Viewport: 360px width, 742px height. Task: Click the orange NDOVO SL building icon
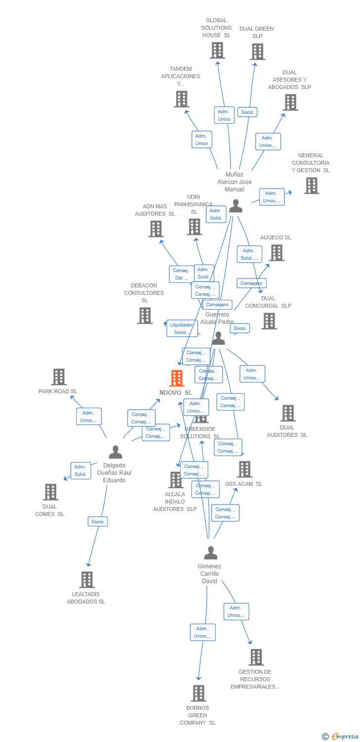coord(177,378)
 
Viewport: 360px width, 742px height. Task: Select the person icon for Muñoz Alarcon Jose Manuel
coord(235,206)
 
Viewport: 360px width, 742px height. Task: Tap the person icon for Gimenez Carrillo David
coord(211,553)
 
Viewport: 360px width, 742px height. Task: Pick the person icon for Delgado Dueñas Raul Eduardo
coord(115,452)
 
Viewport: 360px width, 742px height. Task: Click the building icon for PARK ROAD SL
coord(59,377)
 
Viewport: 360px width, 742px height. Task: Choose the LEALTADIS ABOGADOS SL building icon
coord(87,580)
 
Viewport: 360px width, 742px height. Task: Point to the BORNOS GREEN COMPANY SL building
coord(198,694)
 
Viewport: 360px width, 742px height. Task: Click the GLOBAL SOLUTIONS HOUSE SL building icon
coord(217,50)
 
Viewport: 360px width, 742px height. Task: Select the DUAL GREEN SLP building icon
coord(257,51)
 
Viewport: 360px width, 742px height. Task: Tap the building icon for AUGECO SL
coord(276,253)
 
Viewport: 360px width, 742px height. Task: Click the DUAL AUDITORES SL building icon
coord(288,413)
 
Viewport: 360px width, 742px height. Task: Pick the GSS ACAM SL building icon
coord(244,469)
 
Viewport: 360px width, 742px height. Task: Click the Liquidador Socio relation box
coord(182,328)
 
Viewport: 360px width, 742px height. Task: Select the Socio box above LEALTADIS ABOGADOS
coord(97,521)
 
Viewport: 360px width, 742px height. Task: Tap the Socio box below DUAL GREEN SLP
coord(247,112)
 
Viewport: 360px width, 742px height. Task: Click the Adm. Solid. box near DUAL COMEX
coord(81,470)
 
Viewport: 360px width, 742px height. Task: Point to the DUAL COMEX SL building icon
coord(50,492)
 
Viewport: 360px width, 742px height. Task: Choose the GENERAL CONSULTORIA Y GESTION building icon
coord(312,185)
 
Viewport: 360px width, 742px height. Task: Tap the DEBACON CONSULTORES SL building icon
coord(145,316)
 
